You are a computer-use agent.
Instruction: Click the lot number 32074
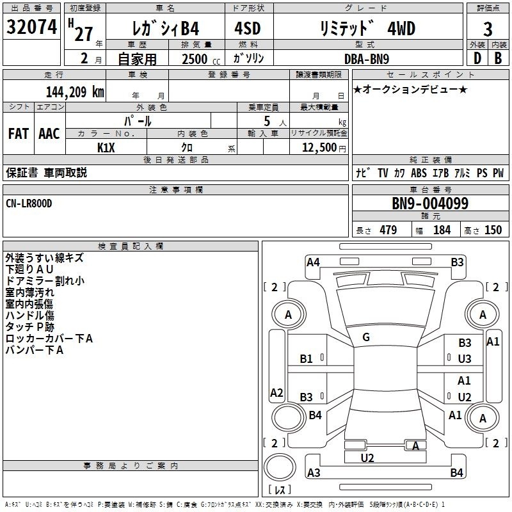pos(31,27)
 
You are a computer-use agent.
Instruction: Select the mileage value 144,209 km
pos(75,92)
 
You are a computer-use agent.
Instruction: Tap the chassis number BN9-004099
pos(430,204)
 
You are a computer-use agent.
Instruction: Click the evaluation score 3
pos(488,29)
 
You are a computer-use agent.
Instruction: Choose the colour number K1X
pos(106,147)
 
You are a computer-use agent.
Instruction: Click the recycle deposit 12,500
pos(319,147)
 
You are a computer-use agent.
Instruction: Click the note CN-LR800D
pos(29,203)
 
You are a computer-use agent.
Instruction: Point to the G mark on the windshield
pos(365,337)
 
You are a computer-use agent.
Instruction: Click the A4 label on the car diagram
pos(313,262)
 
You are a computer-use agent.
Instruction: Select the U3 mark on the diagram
pos(465,359)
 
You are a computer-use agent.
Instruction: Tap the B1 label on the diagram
pos(307,359)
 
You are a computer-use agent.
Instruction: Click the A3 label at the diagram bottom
pos(314,473)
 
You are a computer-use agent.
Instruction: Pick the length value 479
pos(388,230)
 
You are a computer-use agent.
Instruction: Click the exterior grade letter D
pos(477,58)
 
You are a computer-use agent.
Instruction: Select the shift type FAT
pos(18,134)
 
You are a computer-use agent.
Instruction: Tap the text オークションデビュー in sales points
pos(410,89)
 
